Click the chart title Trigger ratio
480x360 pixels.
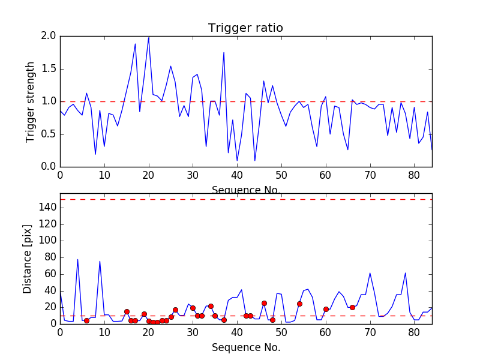(x=245, y=28)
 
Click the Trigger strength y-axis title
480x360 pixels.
(x=31, y=101)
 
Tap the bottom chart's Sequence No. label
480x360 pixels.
(x=246, y=347)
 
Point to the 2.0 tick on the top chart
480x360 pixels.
(x=49, y=36)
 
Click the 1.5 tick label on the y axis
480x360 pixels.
(x=49, y=69)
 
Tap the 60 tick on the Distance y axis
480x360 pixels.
(x=49, y=274)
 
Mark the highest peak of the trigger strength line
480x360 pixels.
(x=149, y=37)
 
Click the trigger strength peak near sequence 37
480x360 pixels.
(x=224, y=53)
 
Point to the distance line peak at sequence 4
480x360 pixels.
(x=77, y=260)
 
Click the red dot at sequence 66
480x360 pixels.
(x=352, y=307)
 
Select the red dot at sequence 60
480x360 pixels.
(x=326, y=309)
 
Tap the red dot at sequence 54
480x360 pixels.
(x=299, y=304)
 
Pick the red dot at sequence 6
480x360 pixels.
(x=86, y=320)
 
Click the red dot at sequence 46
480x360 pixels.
(x=264, y=303)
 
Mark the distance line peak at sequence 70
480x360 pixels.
(x=370, y=273)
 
